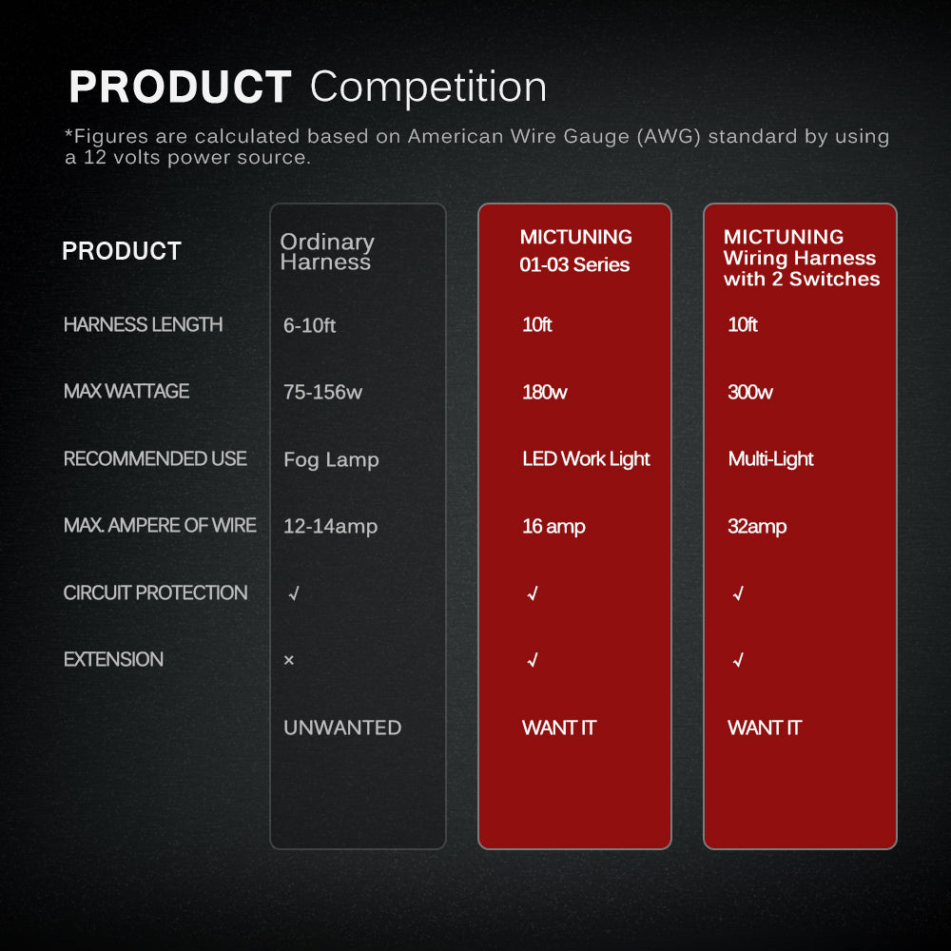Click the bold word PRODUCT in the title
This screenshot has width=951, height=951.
[180, 87]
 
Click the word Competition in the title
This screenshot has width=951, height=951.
[428, 87]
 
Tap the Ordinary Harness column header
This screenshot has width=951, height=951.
[327, 252]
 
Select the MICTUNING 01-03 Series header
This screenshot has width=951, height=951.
[575, 250]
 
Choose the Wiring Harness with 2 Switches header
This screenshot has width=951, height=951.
[801, 257]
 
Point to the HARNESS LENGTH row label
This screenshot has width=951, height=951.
[144, 324]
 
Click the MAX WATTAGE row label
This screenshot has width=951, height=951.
[126, 391]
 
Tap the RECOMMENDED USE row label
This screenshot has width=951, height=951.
[155, 458]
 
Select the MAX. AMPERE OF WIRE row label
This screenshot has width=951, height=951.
[160, 525]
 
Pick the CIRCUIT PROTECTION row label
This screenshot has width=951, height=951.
[155, 592]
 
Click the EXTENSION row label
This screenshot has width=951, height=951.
[113, 659]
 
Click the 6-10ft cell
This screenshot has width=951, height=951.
[309, 325]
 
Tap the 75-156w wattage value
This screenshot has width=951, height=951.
[322, 393]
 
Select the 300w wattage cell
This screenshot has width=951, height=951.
[750, 393]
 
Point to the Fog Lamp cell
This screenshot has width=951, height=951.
[331, 459]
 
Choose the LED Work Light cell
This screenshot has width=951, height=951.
[586, 459]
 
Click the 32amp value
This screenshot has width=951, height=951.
[757, 527]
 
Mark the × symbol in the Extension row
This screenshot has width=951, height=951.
[289, 660]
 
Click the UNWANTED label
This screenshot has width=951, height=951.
[342, 728]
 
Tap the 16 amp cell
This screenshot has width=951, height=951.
[553, 527]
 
